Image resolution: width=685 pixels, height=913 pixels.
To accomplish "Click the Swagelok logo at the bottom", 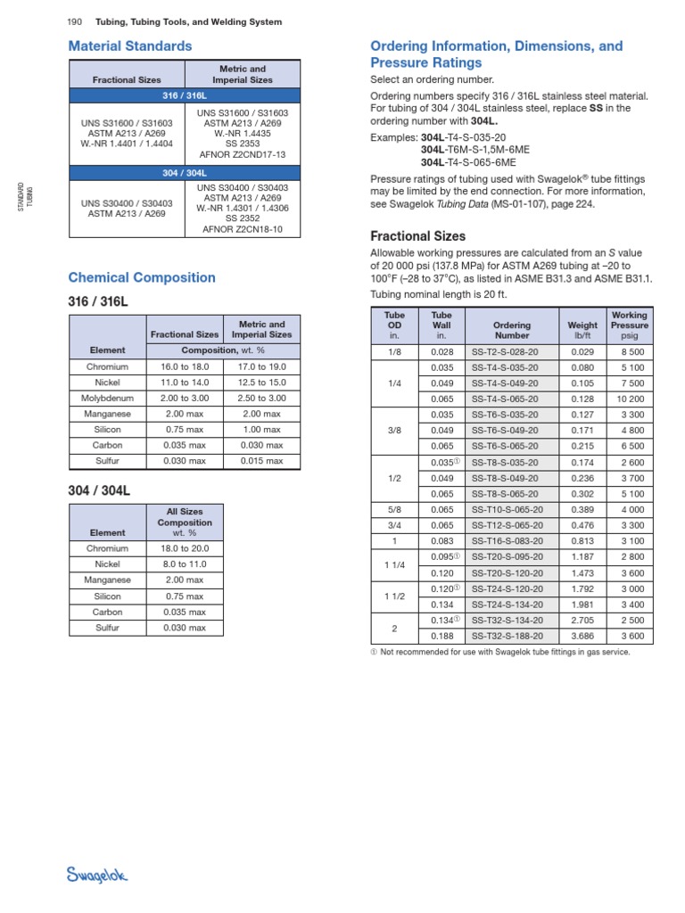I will (98, 876).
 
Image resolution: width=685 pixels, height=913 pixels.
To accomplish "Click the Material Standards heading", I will (130, 45).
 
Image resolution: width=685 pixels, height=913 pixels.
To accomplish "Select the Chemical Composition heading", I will (142, 277).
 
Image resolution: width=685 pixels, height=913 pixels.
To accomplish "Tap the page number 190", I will (76, 21).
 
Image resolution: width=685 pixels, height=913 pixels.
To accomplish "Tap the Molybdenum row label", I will (107, 398).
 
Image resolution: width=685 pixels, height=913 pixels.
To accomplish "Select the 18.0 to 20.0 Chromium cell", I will (182, 548).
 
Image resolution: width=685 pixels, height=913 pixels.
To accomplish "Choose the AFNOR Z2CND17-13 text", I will (243, 153).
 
